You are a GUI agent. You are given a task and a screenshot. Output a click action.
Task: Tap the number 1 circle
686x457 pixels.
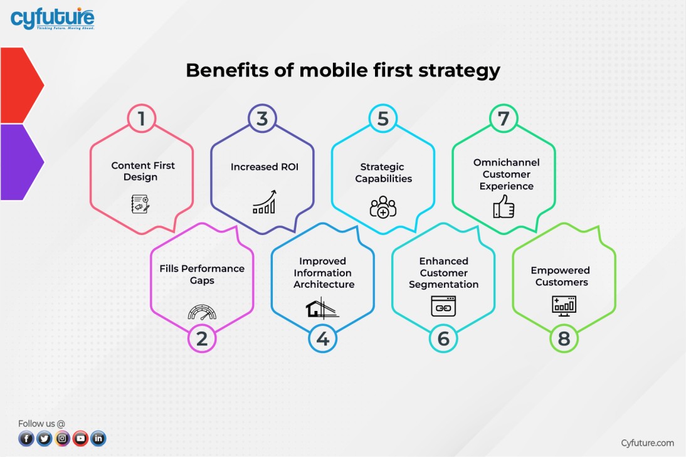[142, 118]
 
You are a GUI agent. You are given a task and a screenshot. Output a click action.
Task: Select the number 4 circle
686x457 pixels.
[322, 339]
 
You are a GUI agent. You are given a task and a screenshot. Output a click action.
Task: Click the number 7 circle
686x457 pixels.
[504, 118]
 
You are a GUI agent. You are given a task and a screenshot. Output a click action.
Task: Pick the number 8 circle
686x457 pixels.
[564, 339]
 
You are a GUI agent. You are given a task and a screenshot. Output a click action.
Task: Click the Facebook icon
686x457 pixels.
[26, 439]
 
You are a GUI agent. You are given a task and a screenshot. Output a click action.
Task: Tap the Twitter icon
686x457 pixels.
[44, 439]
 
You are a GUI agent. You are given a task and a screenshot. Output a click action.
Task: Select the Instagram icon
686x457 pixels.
[62, 439]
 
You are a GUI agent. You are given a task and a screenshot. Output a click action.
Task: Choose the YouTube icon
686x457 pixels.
[80, 439]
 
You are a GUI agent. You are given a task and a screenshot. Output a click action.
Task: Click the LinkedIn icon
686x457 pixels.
[98, 439]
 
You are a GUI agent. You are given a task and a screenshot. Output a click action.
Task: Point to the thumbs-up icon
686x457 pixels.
[504, 206]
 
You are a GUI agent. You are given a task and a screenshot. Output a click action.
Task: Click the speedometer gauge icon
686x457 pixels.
[201, 312]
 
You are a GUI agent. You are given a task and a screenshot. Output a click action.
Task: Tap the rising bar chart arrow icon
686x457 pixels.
[263, 202]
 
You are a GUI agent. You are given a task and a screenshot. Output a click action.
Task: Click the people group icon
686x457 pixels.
[383, 207]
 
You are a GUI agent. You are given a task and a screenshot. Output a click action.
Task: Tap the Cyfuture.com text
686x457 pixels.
[647, 443]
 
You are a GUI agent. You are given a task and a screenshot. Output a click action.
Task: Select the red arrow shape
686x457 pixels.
[21, 85]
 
